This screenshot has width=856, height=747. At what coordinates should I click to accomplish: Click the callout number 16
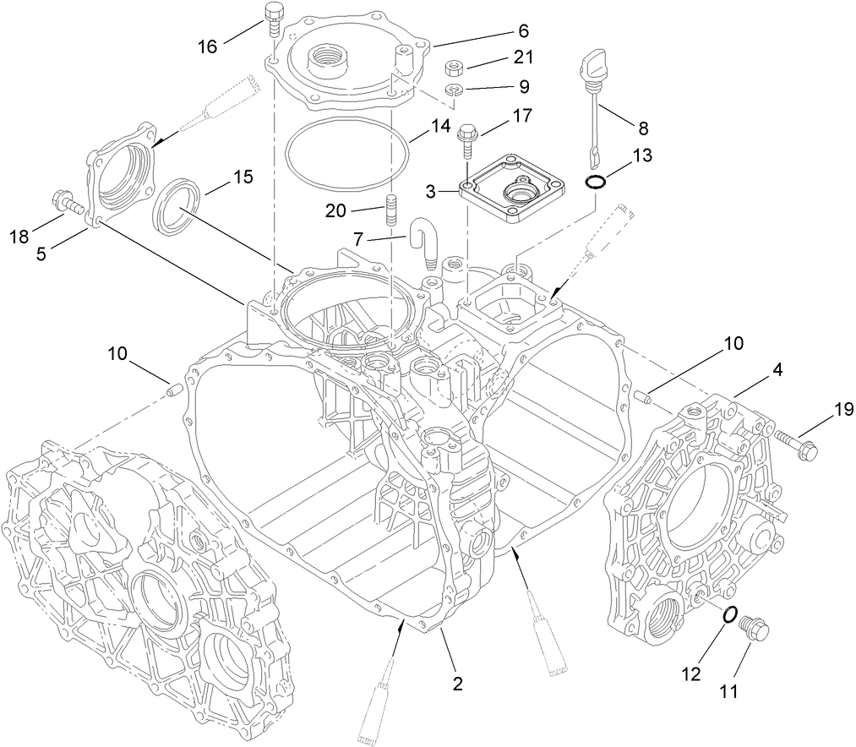coord(206,46)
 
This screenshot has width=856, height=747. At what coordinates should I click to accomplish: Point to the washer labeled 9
coord(454,90)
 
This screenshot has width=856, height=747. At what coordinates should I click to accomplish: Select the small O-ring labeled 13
coord(595,183)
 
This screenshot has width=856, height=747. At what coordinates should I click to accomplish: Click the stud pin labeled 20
coord(391,210)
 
